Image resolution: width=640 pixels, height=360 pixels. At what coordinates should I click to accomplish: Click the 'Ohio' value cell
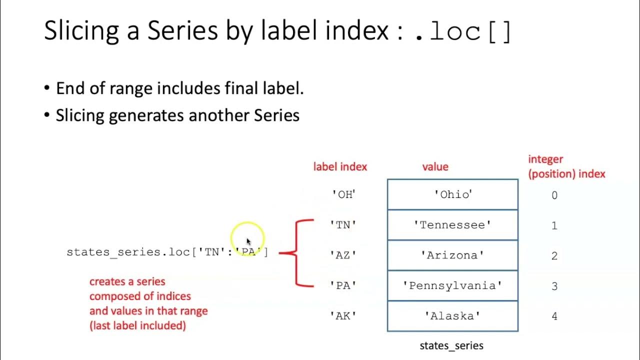452,194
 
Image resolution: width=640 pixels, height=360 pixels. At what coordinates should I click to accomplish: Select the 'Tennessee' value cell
452,225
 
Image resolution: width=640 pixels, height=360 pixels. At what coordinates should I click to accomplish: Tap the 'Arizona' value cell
452,255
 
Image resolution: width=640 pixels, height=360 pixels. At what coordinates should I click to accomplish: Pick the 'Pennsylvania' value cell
452,285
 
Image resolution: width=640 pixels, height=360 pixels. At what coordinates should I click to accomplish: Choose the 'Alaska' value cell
452,316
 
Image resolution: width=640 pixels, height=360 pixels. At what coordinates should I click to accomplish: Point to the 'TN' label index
343,225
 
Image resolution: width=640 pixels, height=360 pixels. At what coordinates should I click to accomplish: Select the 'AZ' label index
343,255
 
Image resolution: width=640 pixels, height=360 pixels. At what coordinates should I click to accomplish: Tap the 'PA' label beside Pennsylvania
343,285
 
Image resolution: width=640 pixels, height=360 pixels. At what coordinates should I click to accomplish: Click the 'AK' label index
343,316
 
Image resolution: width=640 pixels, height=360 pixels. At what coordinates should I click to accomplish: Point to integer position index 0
554,195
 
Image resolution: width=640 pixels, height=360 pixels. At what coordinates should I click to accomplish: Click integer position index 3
554,286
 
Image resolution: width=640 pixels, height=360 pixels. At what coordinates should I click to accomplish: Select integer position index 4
554,316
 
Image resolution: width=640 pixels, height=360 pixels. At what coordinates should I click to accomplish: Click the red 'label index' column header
340,167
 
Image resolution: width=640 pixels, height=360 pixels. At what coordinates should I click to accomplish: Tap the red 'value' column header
435,167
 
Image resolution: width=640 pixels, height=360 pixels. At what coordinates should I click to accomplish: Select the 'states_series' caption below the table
451,345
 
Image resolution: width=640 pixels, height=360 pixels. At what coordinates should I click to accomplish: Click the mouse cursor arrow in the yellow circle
248,242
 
